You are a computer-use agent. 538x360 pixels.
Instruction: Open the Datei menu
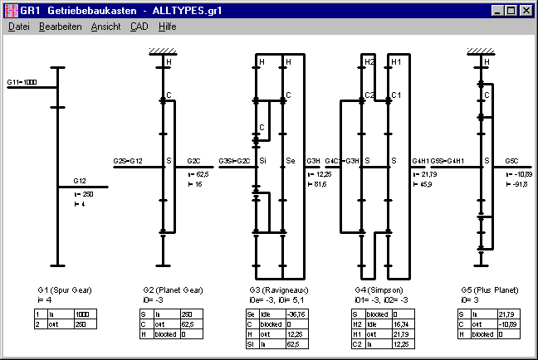18,27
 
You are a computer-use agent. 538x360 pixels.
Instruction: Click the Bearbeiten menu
60,27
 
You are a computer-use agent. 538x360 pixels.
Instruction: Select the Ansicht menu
105,27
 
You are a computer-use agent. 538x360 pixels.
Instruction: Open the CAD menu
139,27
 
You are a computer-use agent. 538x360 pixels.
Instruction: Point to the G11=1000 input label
22,83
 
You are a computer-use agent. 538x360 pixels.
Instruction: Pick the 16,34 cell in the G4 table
400,324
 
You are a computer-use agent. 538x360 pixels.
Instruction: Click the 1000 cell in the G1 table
83,315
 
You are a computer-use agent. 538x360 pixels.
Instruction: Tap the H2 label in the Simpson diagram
369,62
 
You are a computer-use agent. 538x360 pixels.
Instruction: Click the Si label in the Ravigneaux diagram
263,159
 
